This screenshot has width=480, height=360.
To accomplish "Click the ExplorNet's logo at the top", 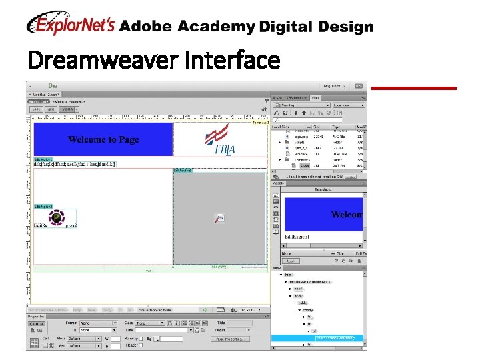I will tap(71, 25).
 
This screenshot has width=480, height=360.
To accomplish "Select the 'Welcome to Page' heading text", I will tap(103, 139).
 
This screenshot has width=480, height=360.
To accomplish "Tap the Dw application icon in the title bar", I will tap(53, 85).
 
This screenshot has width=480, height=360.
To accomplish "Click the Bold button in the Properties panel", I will tap(170, 323).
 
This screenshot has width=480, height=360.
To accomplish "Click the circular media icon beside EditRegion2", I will tap(57, 217).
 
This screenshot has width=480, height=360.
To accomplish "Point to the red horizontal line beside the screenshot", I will tap(413, 88).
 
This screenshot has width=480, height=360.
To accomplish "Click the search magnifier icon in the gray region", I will tap(218, 218).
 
